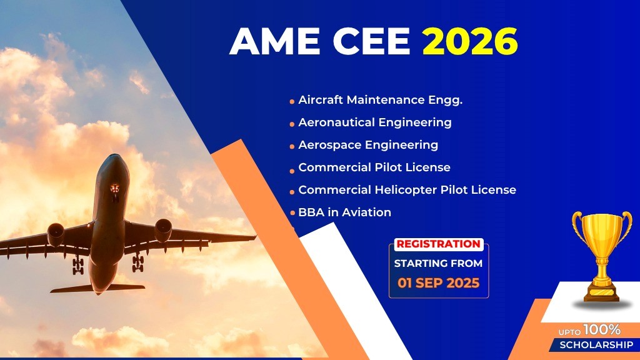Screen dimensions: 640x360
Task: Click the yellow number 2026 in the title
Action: tap(470, 41)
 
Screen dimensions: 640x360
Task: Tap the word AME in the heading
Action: tap(275, 41)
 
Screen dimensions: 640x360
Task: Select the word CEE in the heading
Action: tap(371, 41)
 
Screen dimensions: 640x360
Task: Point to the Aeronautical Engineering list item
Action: tap(375, 123)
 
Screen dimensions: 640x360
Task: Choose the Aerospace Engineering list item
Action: tap(368, 145)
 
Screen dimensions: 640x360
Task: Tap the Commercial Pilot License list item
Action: tap(374, 167)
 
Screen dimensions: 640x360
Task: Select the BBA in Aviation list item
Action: tap(345, 212)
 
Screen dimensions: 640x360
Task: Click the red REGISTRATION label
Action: tap(438, 244)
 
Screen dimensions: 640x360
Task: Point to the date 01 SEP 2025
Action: tap(438, 283)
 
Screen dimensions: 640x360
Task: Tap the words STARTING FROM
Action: tap(438, 264)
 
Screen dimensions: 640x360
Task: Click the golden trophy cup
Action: tap(602, 255)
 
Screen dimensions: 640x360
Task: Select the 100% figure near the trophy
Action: tap(602, 329)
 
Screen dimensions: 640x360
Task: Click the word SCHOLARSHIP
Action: tap(596, 345)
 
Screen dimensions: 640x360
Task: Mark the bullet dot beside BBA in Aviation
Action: tap(292, 213)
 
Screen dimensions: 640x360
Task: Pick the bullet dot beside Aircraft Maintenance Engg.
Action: tap(292, 102)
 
